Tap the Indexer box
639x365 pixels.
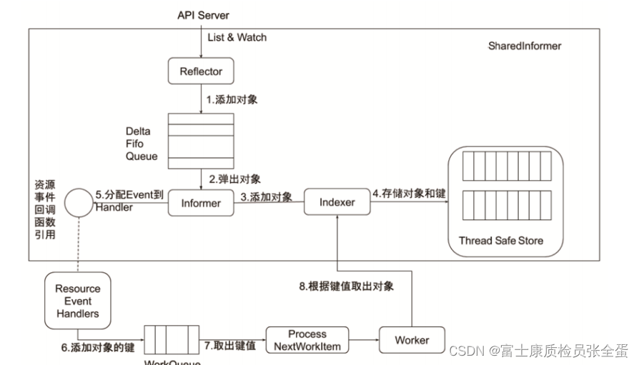[x=337, y=202]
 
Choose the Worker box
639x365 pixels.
[x=412, y=340]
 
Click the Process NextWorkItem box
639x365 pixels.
[x=307, y=340]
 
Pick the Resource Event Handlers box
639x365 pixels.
[x=78, y=301]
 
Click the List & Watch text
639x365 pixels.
[x=237, y=37]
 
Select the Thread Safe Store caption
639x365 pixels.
[x=500, y=241]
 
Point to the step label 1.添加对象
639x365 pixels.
[x=232, y=100]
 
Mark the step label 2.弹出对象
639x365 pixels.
[x=234, y=178]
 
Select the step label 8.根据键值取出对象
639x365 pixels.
[x=346, y=286]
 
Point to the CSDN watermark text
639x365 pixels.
[x=538, y=351]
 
